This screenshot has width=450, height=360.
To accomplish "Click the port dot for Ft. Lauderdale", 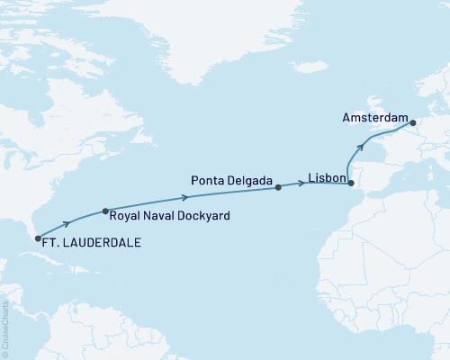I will click(37, 238).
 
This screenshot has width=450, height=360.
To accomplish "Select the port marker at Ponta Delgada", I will click(278, 187).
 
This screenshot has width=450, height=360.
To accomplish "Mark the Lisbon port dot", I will click(351, 184).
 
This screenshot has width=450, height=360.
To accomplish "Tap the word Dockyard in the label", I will click(200, 216).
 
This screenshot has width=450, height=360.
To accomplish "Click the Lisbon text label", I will click(325, 178).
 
